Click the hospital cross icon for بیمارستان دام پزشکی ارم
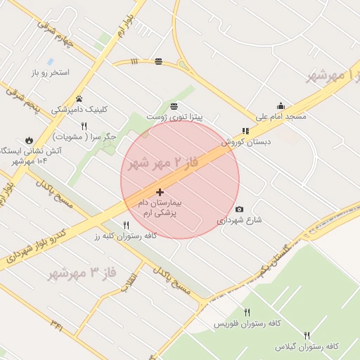tap(160, 192)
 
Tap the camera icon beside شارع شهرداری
tap(239, 209)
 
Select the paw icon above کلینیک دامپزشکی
tap(79, 98)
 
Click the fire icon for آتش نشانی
tap(30, 139)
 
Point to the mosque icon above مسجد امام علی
tap(281, 105)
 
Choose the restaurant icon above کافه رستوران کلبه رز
tap(126, 225)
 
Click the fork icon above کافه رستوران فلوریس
tap(247, 312)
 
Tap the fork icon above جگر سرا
tap(84, 125)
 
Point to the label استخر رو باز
tap(49, 72)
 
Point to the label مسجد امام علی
tap(280, 116)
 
